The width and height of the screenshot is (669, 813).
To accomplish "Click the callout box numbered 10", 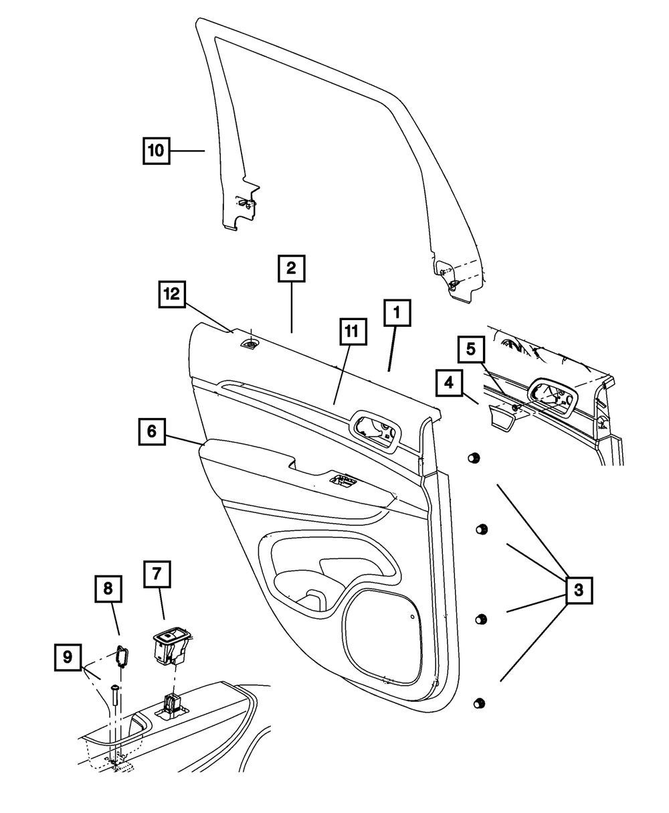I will (156, 151).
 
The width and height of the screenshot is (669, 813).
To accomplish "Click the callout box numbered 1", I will (397, 312).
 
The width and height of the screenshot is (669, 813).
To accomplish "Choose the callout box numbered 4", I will (449, 384).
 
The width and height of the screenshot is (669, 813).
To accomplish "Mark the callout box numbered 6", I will (152, 432).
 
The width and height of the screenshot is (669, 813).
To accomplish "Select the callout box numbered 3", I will (578, 590).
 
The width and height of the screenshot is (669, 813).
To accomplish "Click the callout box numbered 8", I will (108, 589).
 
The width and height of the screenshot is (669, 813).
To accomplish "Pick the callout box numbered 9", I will (68, 657).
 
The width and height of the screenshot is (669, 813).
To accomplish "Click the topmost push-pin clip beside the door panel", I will (473, 457).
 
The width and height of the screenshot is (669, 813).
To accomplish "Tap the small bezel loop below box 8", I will (121, 656).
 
